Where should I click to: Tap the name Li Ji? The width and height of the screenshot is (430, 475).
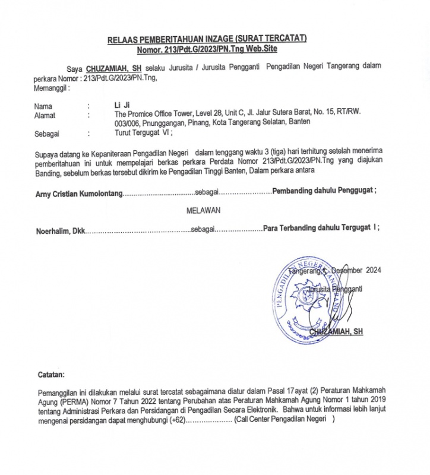pos(121,104)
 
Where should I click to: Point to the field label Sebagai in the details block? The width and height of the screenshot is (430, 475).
pos(47,134)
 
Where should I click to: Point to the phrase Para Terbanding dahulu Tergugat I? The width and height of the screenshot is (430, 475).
pos(320,229)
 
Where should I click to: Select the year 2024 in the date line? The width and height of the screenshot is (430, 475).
pos(373,270)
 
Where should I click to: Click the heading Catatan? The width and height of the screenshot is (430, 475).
pos(52,375)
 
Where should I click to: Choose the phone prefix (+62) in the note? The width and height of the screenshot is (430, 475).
pos(178,419)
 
